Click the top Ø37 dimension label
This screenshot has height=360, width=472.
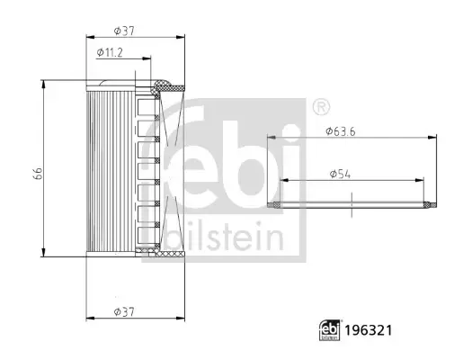[124, 31]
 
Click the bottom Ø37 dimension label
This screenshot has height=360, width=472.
[124, 311]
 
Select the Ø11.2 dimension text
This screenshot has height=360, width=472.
[110, 53]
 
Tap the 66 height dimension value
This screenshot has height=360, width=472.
[38, 173]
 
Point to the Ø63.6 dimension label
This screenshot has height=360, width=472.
[341, 131]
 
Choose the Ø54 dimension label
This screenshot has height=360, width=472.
[340, 174]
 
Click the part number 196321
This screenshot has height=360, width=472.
[369, 330]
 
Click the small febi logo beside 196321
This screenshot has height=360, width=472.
[330, 330]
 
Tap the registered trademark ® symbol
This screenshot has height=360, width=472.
[322, 106]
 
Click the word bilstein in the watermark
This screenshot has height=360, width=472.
[225, 237]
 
